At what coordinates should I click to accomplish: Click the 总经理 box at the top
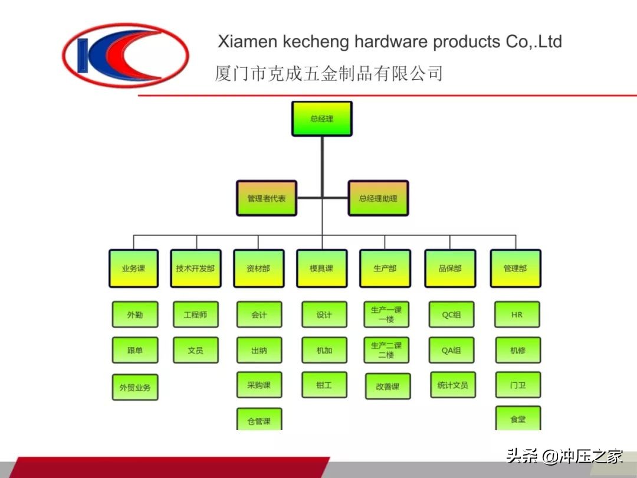pos(321,119)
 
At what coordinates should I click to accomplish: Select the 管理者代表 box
pos(266,198)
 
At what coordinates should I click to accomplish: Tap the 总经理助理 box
pos(378,198)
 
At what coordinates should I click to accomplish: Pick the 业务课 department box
pos(133,269)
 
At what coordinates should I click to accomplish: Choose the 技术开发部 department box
pos(195,269)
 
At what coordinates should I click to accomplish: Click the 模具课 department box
pos(321,269)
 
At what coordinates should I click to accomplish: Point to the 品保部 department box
pos(450,269)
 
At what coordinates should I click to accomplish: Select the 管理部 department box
pos(515,269)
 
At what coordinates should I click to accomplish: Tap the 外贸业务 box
pos(135,388)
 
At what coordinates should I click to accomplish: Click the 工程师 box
pos(195,315)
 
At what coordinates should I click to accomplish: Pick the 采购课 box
pos(259,385)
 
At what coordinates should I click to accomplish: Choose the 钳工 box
pos(324,385)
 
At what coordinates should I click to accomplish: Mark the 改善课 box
pos(388,387)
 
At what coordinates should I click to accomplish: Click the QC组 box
pos(451,315)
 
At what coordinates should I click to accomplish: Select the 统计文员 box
pos(452,385)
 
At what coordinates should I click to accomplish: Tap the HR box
pos(517,315)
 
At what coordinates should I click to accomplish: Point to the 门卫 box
pos(518,385)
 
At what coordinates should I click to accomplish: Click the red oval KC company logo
pos(126,56)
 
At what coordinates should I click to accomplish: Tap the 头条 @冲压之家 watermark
pos(564,456)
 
